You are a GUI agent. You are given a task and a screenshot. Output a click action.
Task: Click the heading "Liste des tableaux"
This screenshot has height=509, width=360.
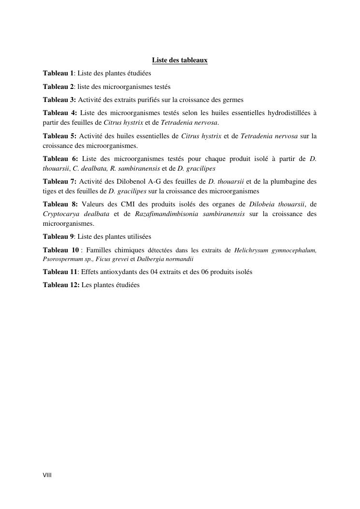pyautogui.click(x=180, y=60)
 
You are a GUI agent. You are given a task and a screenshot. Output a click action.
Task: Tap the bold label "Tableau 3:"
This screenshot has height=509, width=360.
pyautogui.click(x=59, y=100)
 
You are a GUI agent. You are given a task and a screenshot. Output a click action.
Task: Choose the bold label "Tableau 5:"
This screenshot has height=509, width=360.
pyautogui.click(x=59, y=136)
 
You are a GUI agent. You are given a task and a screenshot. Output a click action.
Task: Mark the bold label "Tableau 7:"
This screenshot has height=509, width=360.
pyautogui.click(x=59, y=181)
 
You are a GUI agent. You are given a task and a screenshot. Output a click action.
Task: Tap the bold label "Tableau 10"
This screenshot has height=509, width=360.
pyautogui.click(x=60, y=250)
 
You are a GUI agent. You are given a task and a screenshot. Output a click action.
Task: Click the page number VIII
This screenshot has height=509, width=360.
pyautogui.click(x=47, y=475)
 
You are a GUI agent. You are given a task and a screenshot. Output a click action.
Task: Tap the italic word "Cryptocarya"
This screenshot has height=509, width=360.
pyautogui.click(x=59, y=214)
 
